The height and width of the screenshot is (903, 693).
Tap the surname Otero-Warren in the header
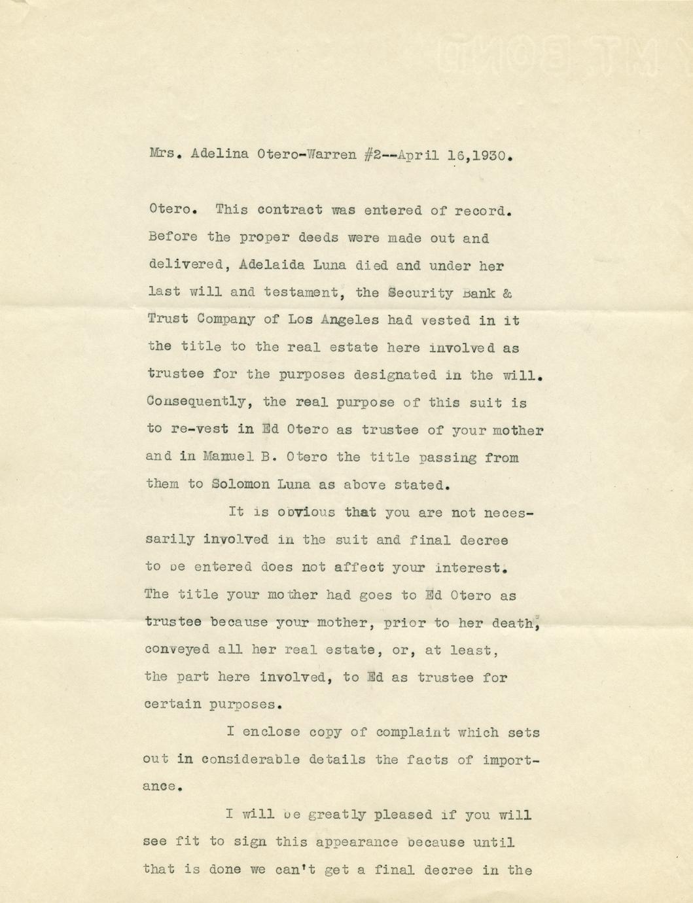(x=307, y=156)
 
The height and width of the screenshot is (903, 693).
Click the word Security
(x=420, y=293)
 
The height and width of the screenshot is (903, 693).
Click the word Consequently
(x=196, y=402)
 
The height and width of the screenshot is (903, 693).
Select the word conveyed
(x=177, y=650)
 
